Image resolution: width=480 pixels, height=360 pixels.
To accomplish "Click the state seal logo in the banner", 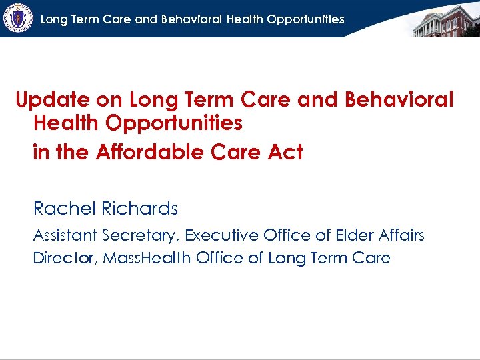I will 18,18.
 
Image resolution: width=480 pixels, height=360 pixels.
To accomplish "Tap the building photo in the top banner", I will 445,19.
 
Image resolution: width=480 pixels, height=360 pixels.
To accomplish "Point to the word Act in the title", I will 285,152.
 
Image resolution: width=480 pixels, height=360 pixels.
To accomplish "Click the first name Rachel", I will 65,209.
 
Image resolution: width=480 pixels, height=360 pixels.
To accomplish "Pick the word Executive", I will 221,235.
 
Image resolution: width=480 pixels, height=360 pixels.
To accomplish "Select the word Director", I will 64,257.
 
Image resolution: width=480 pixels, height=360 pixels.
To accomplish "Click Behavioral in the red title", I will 399,100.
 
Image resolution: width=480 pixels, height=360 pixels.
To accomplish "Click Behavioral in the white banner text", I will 190,19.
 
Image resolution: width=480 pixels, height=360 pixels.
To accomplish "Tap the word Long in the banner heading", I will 55,19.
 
